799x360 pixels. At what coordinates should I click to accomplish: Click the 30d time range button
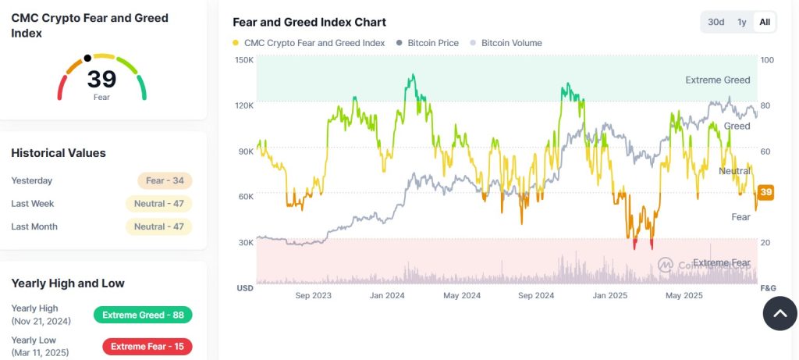tap(716, 22)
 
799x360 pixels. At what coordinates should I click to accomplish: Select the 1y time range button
tap(741, 22)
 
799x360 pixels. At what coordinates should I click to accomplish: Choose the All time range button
tap(765, 22)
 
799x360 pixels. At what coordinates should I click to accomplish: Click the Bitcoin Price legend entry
tap(428, 43)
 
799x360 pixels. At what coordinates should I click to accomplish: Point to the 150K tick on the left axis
tap(244, 60)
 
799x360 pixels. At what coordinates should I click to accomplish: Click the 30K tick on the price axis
tap(246, 242)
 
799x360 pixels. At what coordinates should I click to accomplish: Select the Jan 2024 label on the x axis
tap(387, 295)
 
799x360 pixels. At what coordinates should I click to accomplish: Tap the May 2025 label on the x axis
tap(684, 295)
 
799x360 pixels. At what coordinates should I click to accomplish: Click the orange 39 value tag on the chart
tap(766, 192)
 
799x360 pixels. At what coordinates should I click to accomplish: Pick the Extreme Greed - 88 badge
tap(143, 315)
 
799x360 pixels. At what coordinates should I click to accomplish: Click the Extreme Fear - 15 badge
tap(147, 346)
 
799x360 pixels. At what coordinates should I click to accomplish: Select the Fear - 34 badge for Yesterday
tap(165, 180)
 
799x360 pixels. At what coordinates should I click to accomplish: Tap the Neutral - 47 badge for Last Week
tap(158, 204)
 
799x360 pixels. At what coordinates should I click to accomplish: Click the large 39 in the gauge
tap(101, 80)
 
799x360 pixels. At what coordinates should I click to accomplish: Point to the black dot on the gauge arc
tap(87, 58)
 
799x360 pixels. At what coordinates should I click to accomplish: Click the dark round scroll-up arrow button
tap(779, 314)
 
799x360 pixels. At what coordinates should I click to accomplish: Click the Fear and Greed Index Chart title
tap(309, 22)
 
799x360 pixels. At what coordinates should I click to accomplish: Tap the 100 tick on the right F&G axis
tap(766, 60)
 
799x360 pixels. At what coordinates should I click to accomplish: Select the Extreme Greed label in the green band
tap(717, 80)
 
